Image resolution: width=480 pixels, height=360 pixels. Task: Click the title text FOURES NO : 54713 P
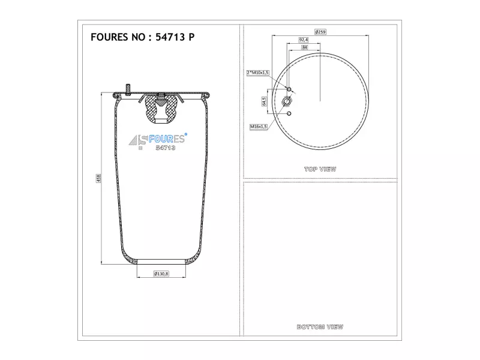pos(142,37)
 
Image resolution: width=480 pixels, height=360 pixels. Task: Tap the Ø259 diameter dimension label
pos(320,32)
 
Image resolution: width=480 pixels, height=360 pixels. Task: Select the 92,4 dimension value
pos(304,40)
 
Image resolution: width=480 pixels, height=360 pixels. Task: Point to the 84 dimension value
pos(304,47)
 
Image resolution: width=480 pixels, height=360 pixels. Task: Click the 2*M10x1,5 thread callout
pos(258,73)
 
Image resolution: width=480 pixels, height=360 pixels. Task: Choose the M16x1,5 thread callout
pos(259,127)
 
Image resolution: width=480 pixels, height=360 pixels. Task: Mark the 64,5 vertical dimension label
pos(264,101)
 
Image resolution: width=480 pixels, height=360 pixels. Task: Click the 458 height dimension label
pos(98,178)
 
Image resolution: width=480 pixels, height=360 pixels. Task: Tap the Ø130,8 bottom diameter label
pos(161,274)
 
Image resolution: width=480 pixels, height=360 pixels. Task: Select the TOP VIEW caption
pos(320,169)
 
